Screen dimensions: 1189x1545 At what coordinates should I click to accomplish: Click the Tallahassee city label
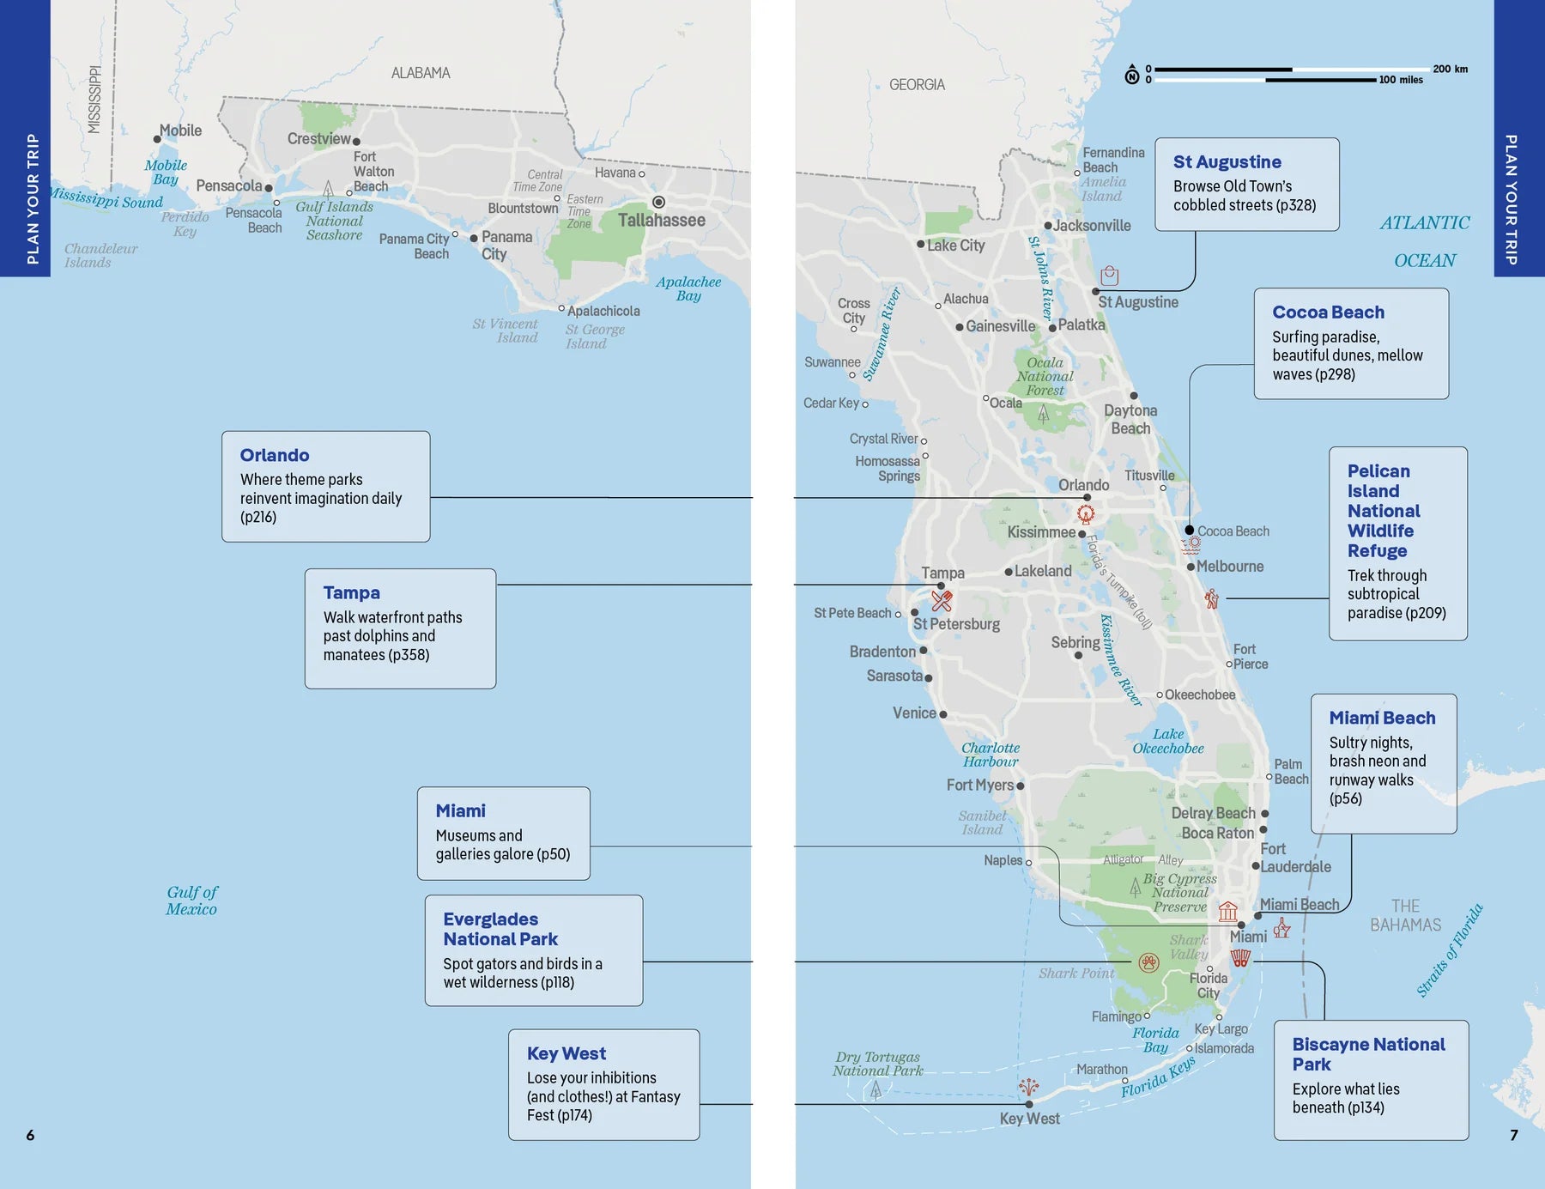point(661,221)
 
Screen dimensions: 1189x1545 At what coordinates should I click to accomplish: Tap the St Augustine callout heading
point(1227,162)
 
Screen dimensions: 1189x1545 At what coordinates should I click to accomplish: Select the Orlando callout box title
point(275,455)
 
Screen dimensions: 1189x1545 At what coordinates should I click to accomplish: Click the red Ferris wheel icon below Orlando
point(1086,514)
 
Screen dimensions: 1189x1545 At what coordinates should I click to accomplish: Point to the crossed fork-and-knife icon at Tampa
point(942,601)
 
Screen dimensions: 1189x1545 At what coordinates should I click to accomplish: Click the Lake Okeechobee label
point(1167,741)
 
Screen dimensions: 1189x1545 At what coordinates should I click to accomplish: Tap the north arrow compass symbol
point(1132,76)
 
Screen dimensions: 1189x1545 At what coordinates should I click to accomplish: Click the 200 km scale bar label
point(1450,69)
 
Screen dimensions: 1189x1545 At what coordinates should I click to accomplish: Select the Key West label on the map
point(1029,1119)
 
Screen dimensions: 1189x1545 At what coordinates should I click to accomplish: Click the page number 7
point(1514,1135)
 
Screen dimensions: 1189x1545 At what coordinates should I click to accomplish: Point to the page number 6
point(30,1135)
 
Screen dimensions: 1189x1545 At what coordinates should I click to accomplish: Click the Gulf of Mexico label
point(191,901)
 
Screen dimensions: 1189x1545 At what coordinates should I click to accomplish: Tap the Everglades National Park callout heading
point(500,929)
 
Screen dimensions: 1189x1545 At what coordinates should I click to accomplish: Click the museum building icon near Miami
point(1228,911)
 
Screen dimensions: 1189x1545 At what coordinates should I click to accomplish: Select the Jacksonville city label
point(1092,226)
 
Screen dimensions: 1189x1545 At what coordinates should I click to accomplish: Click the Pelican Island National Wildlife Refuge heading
point(1383,511)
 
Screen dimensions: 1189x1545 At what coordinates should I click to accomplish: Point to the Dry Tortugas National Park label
point(877,1064)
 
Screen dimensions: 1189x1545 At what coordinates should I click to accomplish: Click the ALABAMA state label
point(421,73)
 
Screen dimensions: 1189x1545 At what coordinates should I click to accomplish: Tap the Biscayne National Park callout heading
point(1368,1054)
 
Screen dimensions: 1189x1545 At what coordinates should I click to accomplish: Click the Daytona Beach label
point(1130,420)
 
